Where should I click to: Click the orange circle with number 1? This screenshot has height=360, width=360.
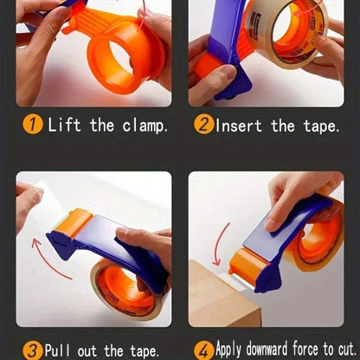click(x=32, y=125)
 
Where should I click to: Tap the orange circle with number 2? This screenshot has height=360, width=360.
click(x=204, y=125)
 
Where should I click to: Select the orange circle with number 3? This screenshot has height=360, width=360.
click(x=32, y=350)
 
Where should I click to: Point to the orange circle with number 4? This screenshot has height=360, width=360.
click(x=204, y=350)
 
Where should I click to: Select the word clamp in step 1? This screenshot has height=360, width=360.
click(x=144, y=125)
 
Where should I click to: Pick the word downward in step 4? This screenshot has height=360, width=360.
click(x=265, y=350)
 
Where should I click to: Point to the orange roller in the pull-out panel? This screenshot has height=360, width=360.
click(x=73, y=222)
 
